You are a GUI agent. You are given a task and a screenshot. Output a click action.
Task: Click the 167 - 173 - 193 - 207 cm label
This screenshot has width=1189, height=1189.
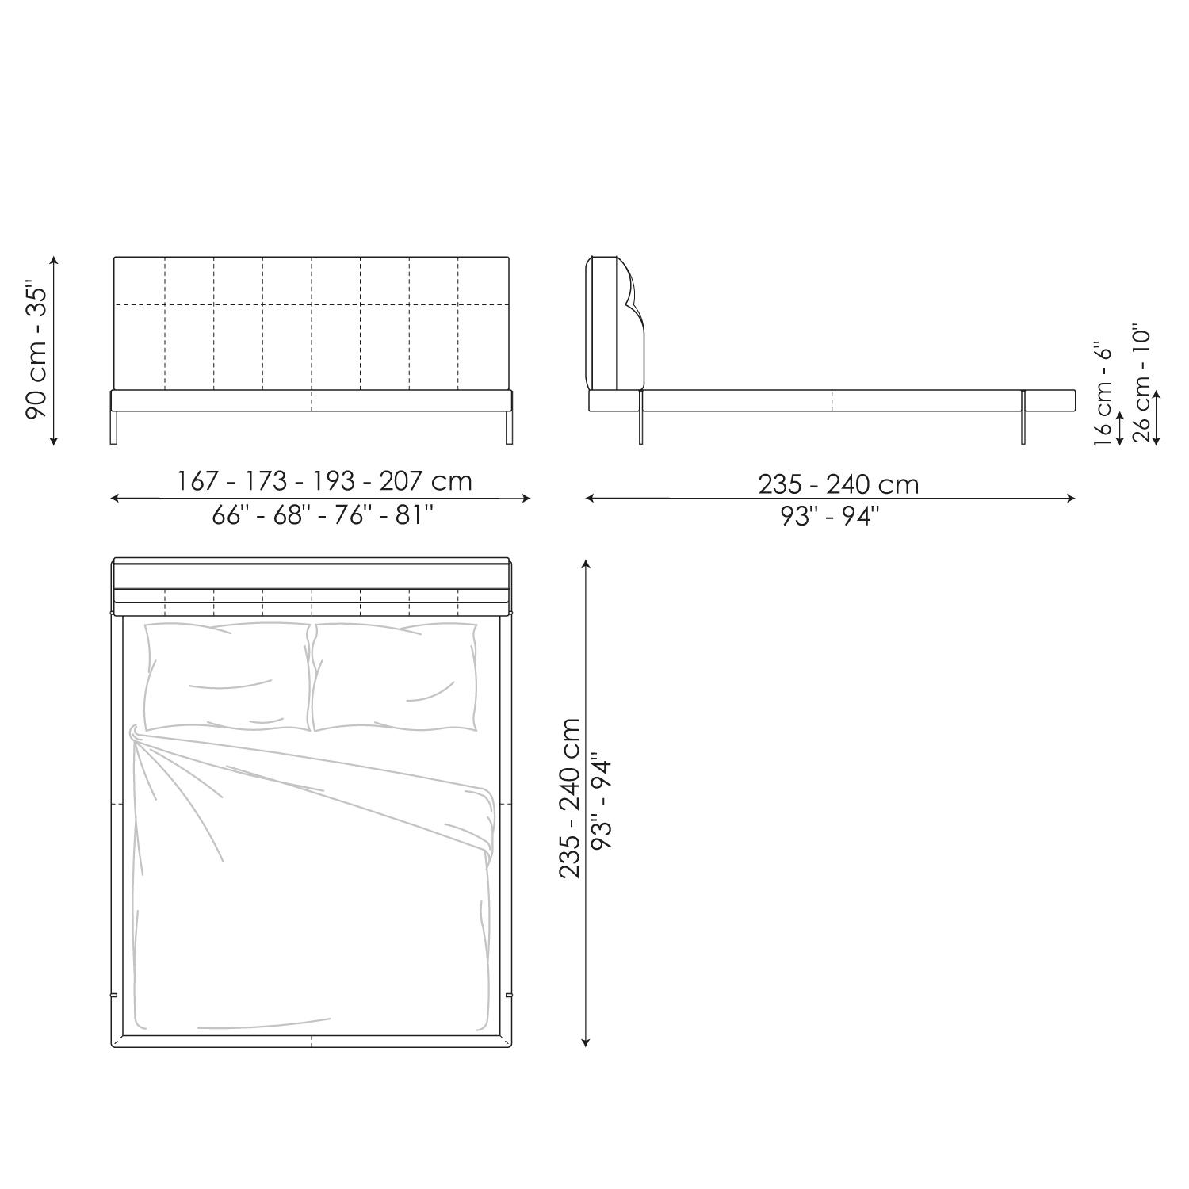(x=324, y=480)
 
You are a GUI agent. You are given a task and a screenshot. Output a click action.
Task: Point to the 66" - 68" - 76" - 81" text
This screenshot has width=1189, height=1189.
(x=323, y=515)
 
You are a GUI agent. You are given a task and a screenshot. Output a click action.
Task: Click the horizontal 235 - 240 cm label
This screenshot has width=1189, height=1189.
(x=839, y=484)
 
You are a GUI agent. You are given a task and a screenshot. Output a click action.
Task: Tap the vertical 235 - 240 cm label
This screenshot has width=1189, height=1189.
(x=570, y=798)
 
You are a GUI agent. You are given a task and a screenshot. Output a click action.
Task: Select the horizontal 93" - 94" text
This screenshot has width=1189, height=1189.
(x=829, y=516)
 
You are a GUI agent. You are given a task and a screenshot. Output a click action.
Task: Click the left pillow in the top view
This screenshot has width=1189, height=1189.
(x=227, y=676)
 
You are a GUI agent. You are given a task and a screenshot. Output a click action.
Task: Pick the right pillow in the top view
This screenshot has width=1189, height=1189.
(x=396, y=676)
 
